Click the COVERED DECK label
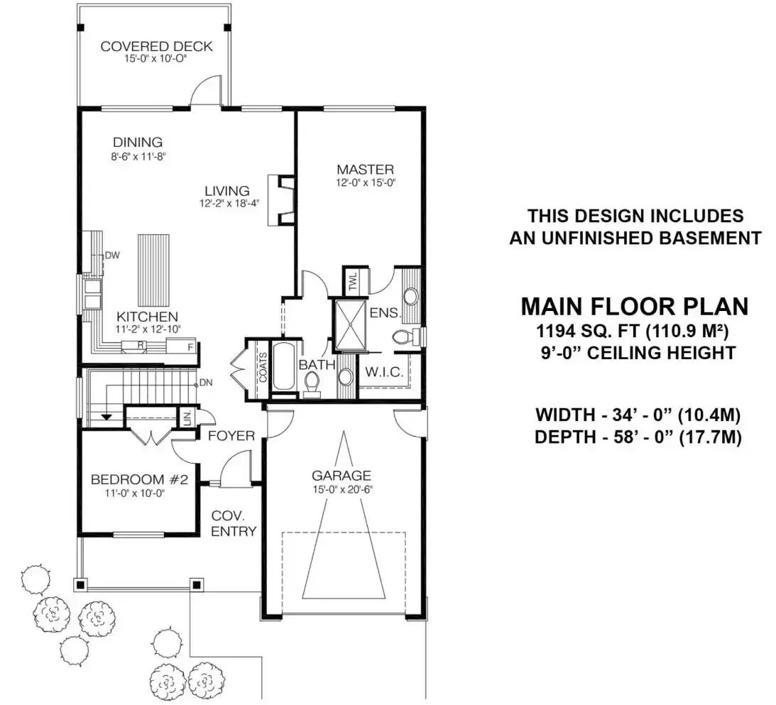pos(156,47)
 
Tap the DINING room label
pos(138,143)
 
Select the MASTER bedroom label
pos(365,170)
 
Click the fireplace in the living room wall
pos(281,200)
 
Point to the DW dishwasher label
pos(112,256)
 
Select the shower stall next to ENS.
pos(351,324)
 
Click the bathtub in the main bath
pos(283,366)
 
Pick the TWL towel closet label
pos(353,283)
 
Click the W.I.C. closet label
pos(384,372)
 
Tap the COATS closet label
pos(262,368)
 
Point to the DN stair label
pos(205,383)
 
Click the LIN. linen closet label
pos(187,417)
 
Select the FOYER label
pos(231,436)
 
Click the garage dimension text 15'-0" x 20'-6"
pos(342,490)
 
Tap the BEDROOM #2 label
pos(140,479)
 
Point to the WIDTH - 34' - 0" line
pos(638,415)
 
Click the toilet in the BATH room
pos(312,385)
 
